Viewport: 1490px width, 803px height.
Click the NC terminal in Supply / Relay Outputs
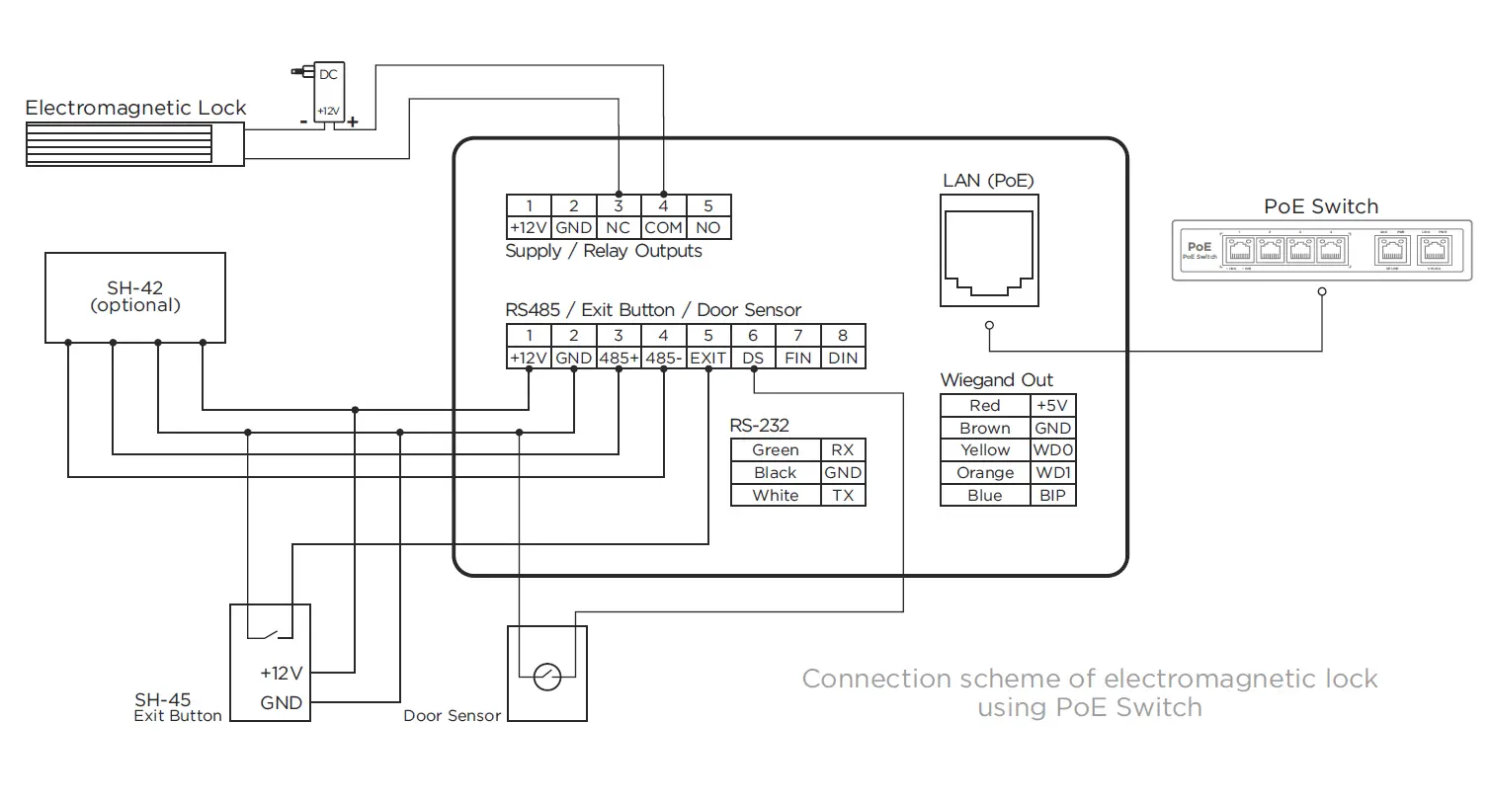(x=619, y=227)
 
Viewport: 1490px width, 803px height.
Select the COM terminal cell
(x=663, y=227)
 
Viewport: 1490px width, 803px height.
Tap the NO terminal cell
(x=708, y=227)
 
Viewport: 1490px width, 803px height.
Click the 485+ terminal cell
(x=619, y=358)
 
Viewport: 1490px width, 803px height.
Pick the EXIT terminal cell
(x=708, y=358)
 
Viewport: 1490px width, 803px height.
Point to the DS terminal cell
(x=753, y=358)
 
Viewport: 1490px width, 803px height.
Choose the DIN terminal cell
(x=843, y=358)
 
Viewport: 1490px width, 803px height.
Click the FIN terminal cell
(x=797, y=358)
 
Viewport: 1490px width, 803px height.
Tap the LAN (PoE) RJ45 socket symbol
(x=989, y=251)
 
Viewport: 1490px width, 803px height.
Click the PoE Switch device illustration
(x=1321, y=251)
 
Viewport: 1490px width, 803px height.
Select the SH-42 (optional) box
(x=135, y=297)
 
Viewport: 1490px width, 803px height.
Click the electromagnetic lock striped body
(x=119, y=143)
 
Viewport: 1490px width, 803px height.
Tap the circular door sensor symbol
(x=546, y=677)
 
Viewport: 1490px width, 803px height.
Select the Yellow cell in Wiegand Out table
(x=985, y=450)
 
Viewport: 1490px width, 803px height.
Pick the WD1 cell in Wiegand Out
(x=1052, y=473)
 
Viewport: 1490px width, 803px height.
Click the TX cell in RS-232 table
(x=843, y=496)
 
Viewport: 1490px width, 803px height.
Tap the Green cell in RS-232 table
(x=776, y=450)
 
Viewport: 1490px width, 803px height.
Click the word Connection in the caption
(x=864, y=680)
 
